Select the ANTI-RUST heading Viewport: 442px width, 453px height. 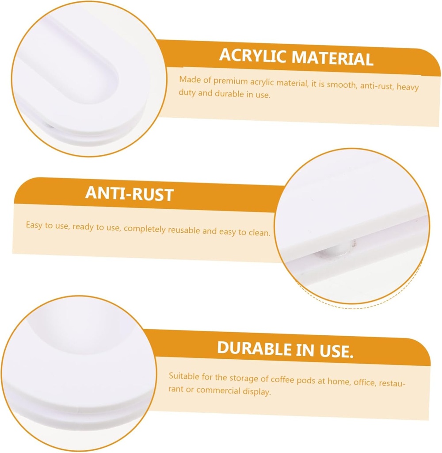(129, 194)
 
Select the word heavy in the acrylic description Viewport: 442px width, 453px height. (408, 87)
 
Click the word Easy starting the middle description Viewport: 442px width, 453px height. (34, 225)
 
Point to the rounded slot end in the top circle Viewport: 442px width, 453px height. (95, 75)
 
